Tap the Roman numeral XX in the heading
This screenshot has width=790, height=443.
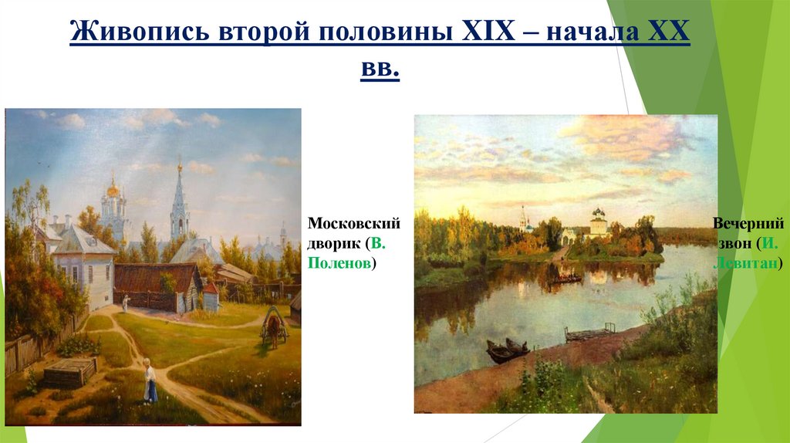[x=669, y=33]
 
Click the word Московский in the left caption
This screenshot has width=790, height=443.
[x=354, y=224]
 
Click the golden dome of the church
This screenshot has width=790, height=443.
[x=113, y=188]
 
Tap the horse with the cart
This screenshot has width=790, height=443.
[x=273, y=325]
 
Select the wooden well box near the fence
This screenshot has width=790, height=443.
[x=70, y=372]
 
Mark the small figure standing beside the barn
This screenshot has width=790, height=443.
[x=123, y=302]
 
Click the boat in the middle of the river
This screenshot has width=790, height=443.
[x=565, y=277]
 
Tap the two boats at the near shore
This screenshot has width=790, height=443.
[x=507, y=350]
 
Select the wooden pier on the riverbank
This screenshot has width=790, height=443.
[x=589, y=333]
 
